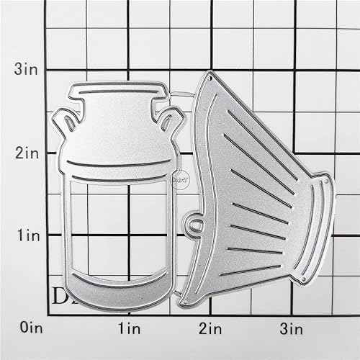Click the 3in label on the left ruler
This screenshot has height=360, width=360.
[x=28, y=70]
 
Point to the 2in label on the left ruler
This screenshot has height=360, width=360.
[x=28, y=153]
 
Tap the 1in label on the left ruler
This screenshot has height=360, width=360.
[x=28, y=235]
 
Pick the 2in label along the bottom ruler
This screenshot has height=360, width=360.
[x=210, y=329]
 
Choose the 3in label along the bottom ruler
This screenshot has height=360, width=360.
[x=292, y=329]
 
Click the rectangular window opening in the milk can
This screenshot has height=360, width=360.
[x=118, y=230]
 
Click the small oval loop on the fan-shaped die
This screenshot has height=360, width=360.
[x=194, y=225]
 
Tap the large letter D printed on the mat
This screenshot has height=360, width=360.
[x=60, y=296]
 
